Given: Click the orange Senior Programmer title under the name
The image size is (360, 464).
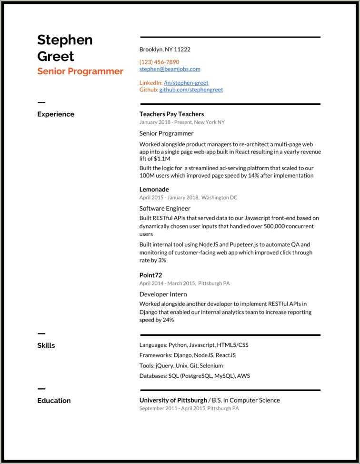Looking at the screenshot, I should pyautogui.click(x=80, y=71).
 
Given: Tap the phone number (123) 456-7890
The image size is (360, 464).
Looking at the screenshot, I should pyautogui.click(x=159, y=62).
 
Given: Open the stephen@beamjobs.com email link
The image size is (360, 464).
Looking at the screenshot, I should pyautogui.click(x=170, y=69).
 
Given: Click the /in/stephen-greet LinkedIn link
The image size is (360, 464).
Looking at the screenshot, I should pyautogui.click(x=186, y=82).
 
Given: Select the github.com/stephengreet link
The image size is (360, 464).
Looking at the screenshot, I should pyautogui.click(x=191, y=90).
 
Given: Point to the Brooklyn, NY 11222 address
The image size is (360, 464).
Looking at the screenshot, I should pyautogui.click(x=165, y=50).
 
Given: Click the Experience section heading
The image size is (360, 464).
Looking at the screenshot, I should pyautogui.click(x=56, y=114).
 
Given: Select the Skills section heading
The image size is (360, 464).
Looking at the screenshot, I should pyautogui.click(x=46, y=345).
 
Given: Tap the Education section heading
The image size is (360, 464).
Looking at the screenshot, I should pyautogui.click(x=54, y=401).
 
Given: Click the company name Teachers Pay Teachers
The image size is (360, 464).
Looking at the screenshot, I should pyautogui.click(x=171, y=114).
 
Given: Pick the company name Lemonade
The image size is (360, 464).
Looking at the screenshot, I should pyautogui.click(x=154, y=190).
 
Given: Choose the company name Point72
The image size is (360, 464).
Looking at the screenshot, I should pyautogui.click(x=151, y=275).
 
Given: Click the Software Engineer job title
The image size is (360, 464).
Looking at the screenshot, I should pyautogui.click(x=165, y=209).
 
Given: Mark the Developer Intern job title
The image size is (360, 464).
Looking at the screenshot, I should pyautogui.click(x=163, y=294).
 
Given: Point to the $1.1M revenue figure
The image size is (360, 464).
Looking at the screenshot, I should pyautogui.click(x=162, y=159).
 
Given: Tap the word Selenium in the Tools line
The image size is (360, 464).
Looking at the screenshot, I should pyautogui.click(x=211, y=366).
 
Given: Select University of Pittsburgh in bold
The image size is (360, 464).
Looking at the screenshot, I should pyautogui.click(x=173, y=400).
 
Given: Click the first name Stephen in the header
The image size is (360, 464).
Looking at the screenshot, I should pyautogui.click(x=65, y=40).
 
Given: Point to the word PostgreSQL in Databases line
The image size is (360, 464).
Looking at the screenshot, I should pyautogui.click(x=196, y=376).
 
